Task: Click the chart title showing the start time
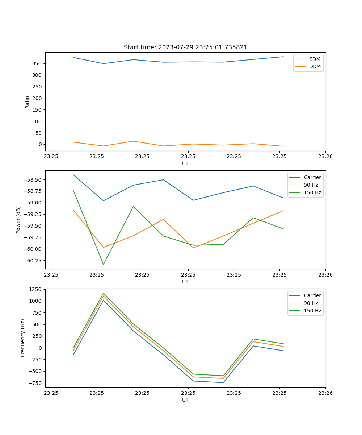coord(185,47)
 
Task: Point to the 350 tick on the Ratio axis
coord(37,63)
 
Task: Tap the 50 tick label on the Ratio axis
coord(39,133)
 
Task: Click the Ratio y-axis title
coord(28,102)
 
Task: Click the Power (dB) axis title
coord(18,220)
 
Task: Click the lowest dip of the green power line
coord(104,264)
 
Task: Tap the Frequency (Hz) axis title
coord(23,338)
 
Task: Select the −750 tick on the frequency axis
coord(36,383)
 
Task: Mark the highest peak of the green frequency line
coord(104,293)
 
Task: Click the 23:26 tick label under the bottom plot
coord(325,393)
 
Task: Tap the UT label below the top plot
coord(185,163)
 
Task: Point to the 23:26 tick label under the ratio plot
coord(325,157)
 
